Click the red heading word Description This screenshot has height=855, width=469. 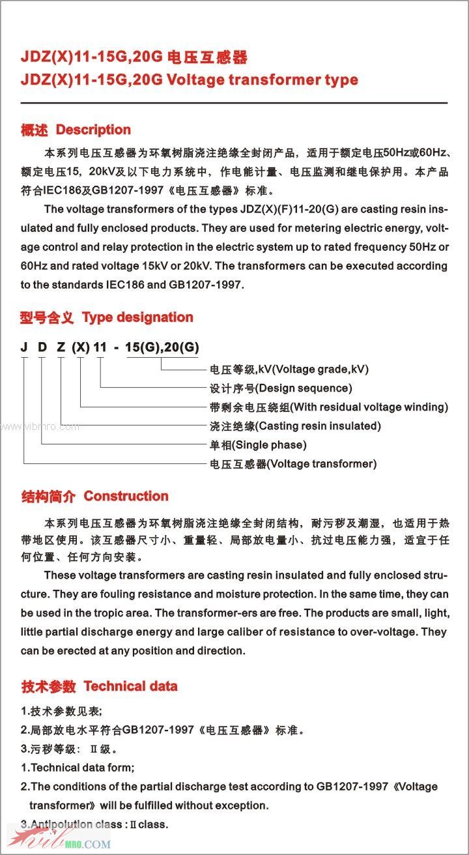[93, 130]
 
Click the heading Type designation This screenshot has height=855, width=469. [137, 317]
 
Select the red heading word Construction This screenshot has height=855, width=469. [126, 496]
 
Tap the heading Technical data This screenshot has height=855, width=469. [130, 686]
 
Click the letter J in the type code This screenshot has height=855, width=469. [24, 347]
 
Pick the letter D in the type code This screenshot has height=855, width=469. [42, 347]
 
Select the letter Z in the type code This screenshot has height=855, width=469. [61, 347]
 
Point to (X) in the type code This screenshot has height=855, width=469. [81, 347]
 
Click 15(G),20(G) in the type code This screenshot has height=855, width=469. [162, 347]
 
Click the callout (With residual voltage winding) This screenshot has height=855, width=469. [369, 407]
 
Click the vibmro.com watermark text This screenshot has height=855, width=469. [40, 427]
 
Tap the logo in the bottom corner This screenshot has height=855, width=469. [59, 839]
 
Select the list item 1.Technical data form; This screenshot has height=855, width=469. [78, 768]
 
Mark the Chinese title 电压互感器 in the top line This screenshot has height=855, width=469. [208, 57]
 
